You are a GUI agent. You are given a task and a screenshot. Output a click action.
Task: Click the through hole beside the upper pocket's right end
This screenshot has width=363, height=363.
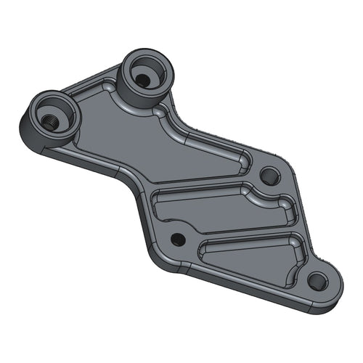point(269,175)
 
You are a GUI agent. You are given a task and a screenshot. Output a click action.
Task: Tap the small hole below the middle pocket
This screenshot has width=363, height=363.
point(177,238)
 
